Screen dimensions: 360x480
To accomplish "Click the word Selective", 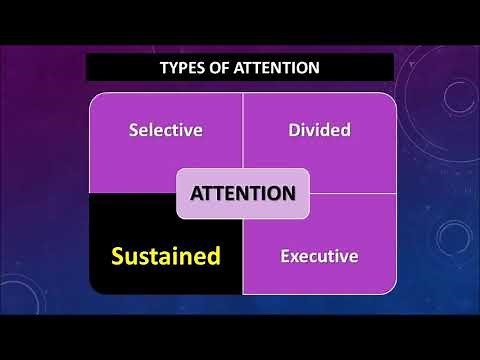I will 166,130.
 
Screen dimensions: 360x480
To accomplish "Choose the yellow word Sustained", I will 165,255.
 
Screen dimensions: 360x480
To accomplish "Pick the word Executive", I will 318,256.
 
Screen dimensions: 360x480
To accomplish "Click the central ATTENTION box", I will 243,192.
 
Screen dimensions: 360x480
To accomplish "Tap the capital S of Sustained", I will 118,255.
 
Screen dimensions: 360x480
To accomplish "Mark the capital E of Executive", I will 284,256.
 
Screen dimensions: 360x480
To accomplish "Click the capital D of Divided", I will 293,130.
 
